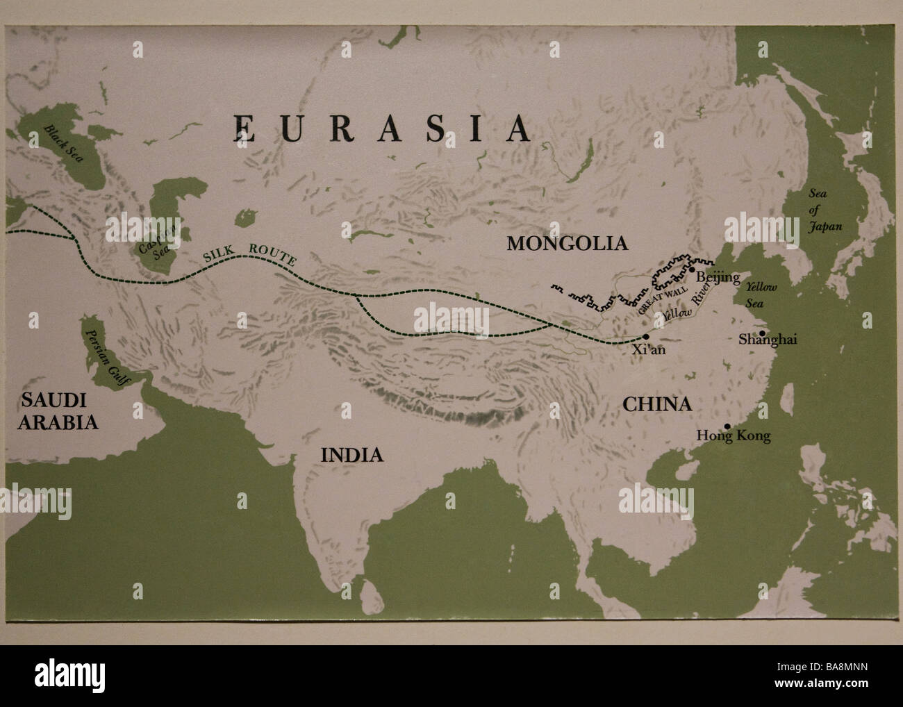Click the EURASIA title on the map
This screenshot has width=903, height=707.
[382, 128]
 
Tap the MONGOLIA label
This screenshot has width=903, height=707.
[567, 243]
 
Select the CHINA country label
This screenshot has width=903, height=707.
[656, 404]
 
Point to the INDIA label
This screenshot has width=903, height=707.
[351, 455]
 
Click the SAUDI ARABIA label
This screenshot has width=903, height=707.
[58, 410]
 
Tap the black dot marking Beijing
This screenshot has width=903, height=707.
[692, 269]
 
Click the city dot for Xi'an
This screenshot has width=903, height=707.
[647, 336]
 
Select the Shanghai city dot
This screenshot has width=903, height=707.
[762, 333]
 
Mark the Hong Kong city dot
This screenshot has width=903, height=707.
[727, 426]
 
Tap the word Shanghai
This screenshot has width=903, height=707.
[768, 340]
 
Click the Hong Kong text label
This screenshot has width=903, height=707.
[734, 436]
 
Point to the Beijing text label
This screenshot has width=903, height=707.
[718, 278]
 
